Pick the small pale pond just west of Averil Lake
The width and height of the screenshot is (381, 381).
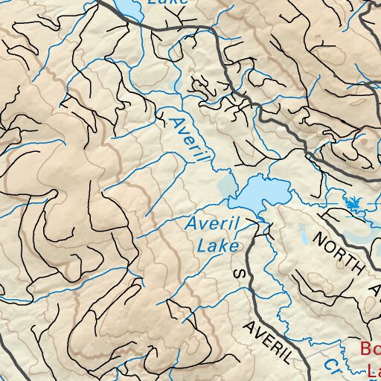[224, 185]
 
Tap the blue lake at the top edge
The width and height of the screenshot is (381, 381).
[128, 9]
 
